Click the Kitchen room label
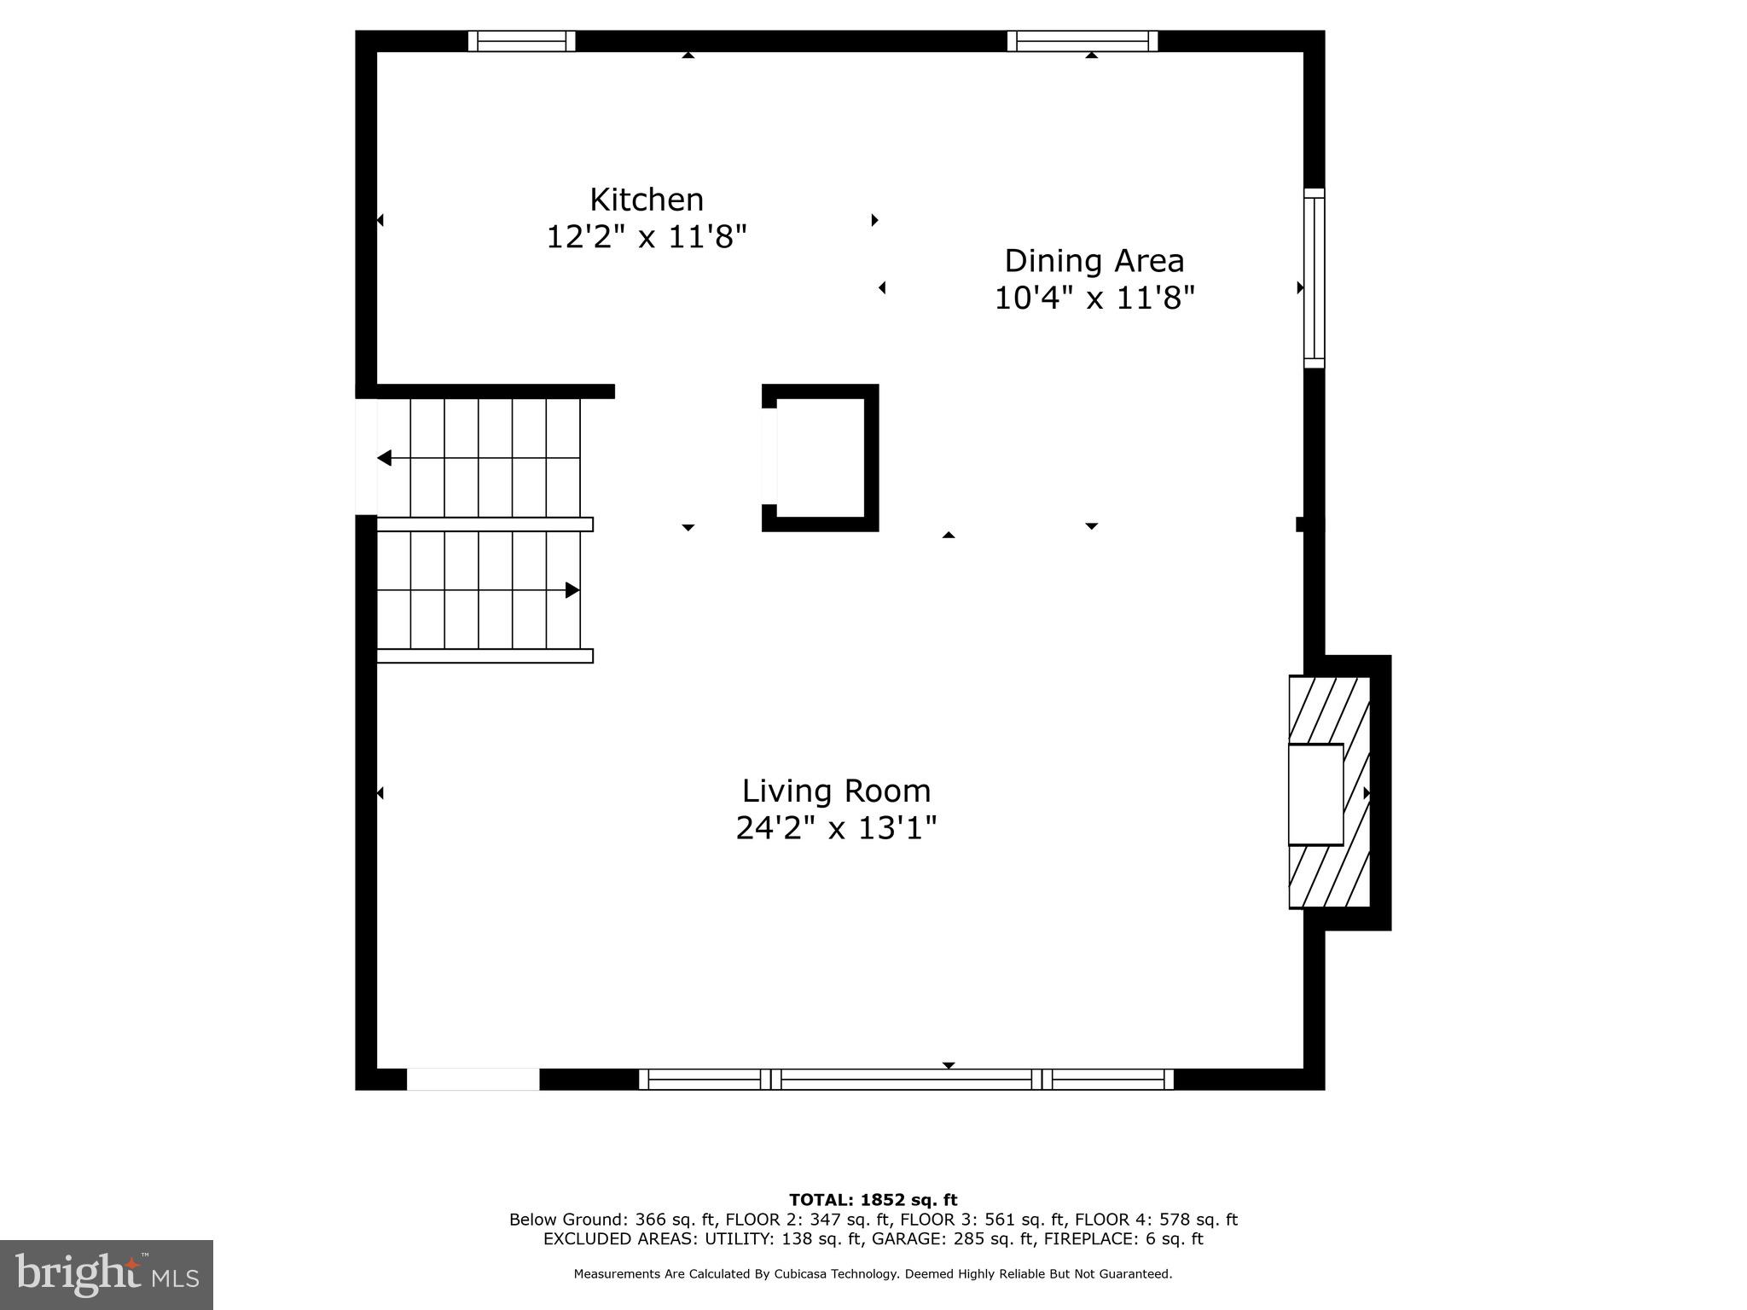647,200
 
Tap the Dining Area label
1094,261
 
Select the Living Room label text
836,791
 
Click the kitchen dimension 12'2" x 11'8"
647,236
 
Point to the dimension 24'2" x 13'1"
836,827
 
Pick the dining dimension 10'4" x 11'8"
1094,298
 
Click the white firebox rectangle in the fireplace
1315,794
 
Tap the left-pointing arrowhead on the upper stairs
385,458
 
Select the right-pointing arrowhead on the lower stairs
572,590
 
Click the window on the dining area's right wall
1314,279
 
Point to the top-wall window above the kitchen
521,41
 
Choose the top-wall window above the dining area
1082,41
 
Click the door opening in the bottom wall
473,1079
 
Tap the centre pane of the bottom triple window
906,1079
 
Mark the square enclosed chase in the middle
819,457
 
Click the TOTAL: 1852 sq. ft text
873,1200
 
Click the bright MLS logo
107,1274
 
